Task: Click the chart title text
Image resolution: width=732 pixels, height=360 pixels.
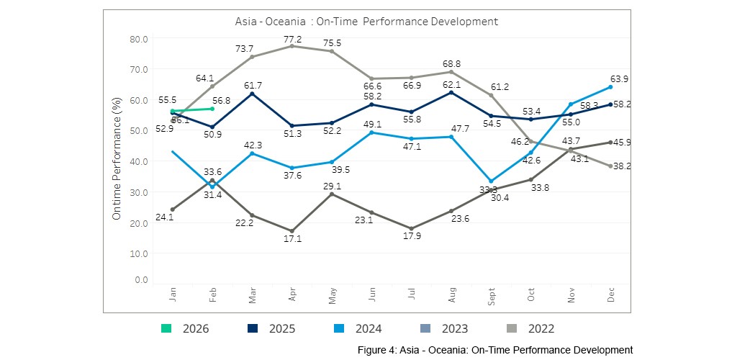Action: (x=366, y=22)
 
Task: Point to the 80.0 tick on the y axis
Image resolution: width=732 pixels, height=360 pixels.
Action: (x=140, y=39)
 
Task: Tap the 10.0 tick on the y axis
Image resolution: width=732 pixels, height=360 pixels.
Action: (x=140, y=253)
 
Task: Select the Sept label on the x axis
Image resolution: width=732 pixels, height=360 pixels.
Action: (x=492, y=297)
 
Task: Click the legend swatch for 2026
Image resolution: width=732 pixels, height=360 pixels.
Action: (x=166, y=329)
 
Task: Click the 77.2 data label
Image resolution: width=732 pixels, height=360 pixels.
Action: (x=292, y=39)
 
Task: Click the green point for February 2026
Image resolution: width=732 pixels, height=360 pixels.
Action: (x=212, y=109)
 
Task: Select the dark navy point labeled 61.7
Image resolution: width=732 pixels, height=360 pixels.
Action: (x=252, y=94)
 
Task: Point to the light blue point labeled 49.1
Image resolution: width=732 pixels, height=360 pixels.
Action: (x=371, y=132)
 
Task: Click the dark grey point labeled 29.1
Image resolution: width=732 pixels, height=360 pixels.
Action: (x=332, y=194)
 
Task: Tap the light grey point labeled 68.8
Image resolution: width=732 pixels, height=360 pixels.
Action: (x=451, y=71)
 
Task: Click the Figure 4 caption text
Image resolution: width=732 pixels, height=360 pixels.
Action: (x=495, y=350)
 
